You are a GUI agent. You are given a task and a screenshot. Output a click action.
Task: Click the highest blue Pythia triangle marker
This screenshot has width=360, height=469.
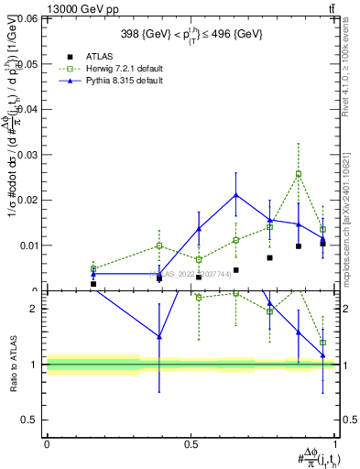pos(236,194)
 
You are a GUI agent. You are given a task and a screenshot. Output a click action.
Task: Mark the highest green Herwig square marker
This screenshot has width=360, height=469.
pos(299,173)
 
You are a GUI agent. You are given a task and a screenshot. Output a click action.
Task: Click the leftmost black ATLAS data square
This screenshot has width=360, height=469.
pos(93,284)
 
